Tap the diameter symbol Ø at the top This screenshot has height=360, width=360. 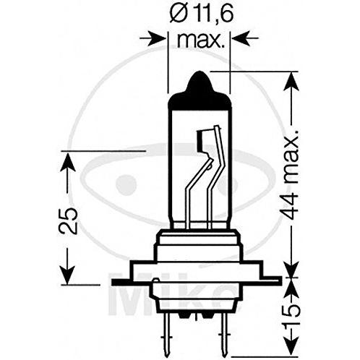[179, 14]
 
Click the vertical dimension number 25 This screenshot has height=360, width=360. [69, 220]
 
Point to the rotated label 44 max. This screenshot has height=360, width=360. [291, 176]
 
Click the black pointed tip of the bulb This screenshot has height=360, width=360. [199, 82]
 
